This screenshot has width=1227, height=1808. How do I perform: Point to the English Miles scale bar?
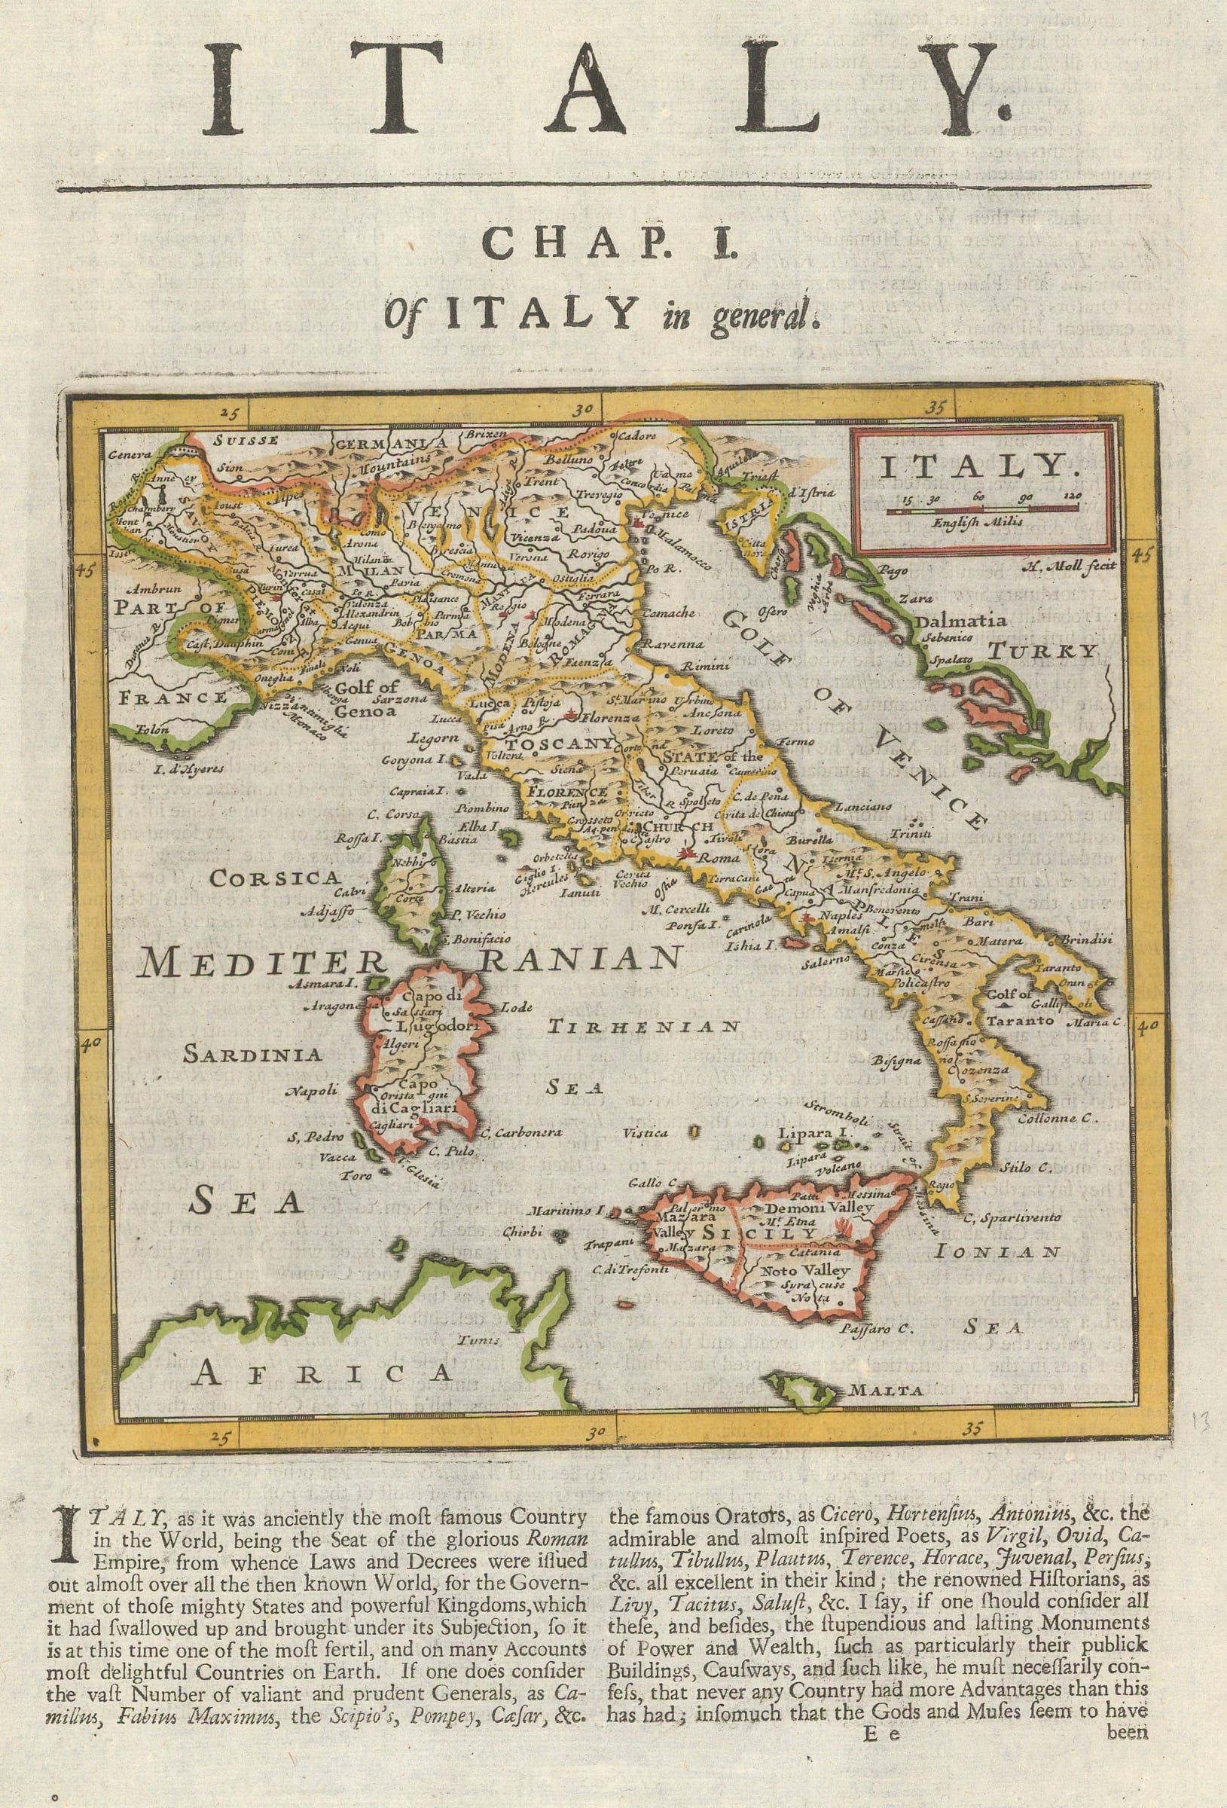[x=982, y=508]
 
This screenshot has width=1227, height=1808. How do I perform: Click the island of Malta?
[x=801, y=1386]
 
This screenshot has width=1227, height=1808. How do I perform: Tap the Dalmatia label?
[x=963, y=621]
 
